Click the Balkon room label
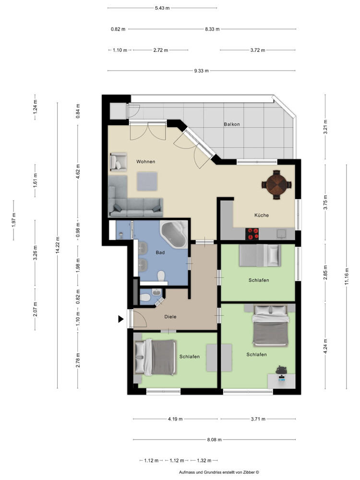tap(231, 124)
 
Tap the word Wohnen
tap(145, 162)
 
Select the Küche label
tap(262, 215)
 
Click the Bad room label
tap(160, 252)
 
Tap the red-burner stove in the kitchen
tap(252, 234)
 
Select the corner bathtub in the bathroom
tap(174, 235)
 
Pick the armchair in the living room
tap(118, 162)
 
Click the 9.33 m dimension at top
tap(201, 71)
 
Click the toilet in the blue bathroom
tap(161, 276)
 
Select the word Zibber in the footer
tap(248, 473)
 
